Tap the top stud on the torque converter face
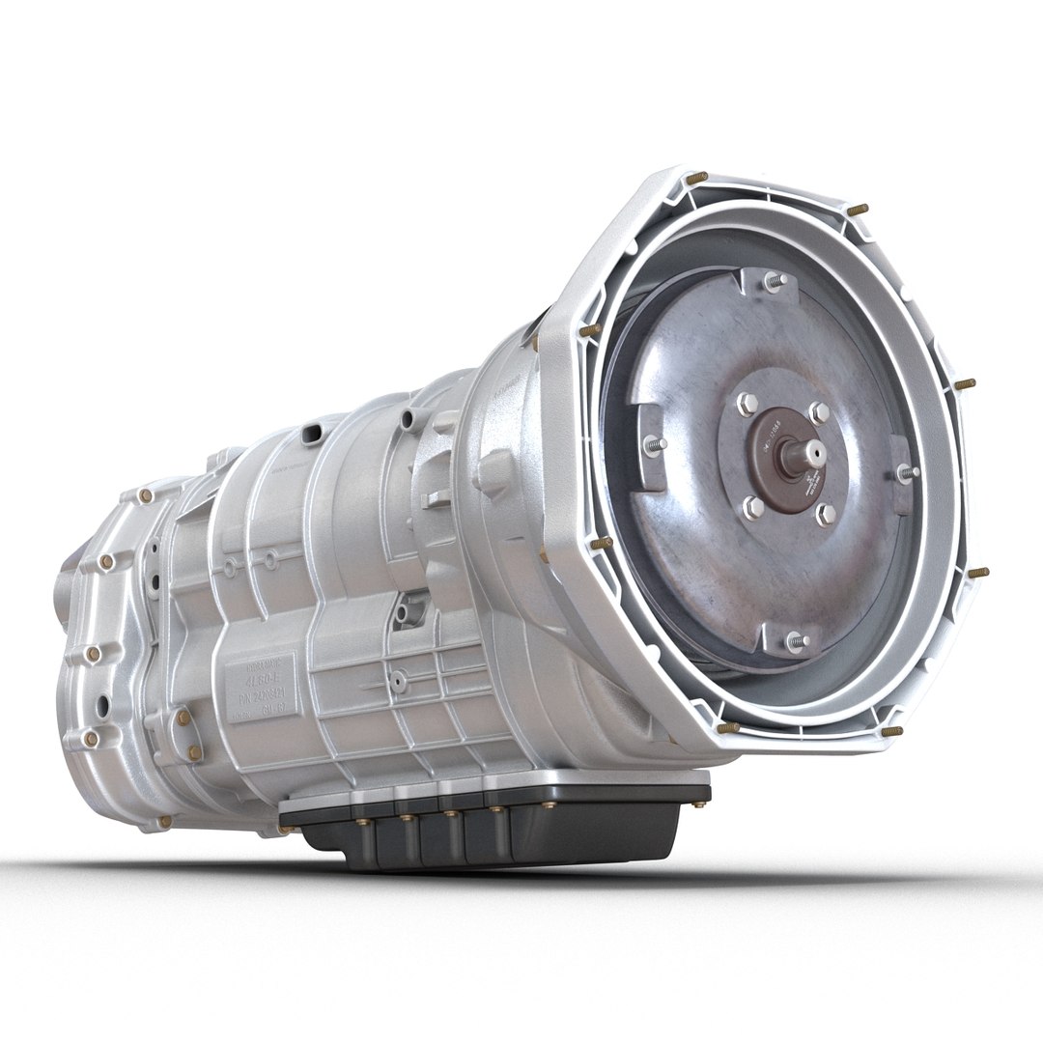pos(773,281)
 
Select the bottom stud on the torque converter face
pos(795,640)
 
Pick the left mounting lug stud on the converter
pos(656,445)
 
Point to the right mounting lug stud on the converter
pos(906,473)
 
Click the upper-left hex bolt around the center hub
pos(747,405)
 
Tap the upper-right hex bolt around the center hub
pos(818,412)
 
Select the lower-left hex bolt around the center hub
pos(752,507)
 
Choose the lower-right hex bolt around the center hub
pos(825,514)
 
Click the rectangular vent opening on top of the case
pos(311,435)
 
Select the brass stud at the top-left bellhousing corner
pos(695,178)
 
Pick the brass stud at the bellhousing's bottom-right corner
pos(890,731)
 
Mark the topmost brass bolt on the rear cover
pos(145,495)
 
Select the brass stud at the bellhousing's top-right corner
pos(857,209)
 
